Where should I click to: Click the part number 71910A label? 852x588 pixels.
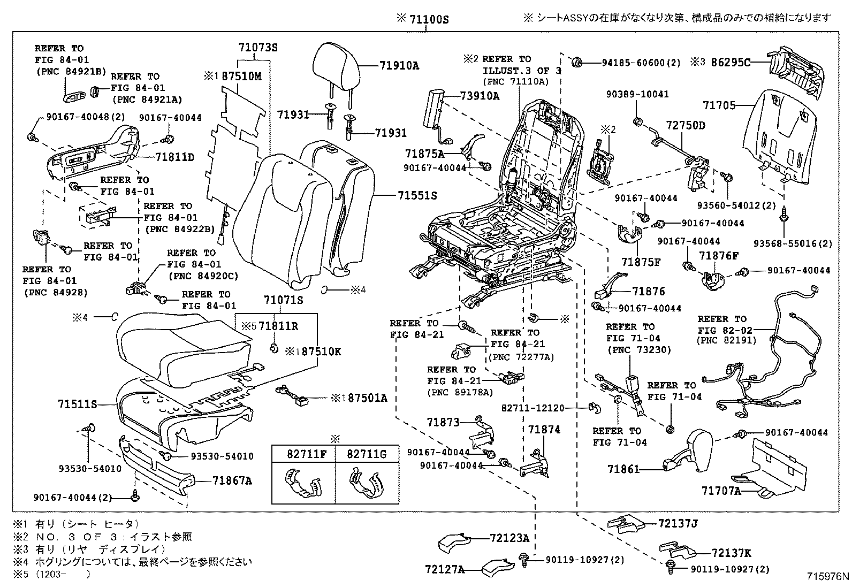coord(399,66)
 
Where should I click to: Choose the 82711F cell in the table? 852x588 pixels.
coord(303,454)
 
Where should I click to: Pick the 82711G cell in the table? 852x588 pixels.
coord(367,454)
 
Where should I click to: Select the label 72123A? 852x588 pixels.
coord(508,538)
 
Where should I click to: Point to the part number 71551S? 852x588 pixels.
coord(417,196)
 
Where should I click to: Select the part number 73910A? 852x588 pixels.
coord(480,96)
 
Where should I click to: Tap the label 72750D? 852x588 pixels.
coord(686,125)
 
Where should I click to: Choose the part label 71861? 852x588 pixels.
coord(623,469)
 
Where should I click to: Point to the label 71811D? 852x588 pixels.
coord(174,157)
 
